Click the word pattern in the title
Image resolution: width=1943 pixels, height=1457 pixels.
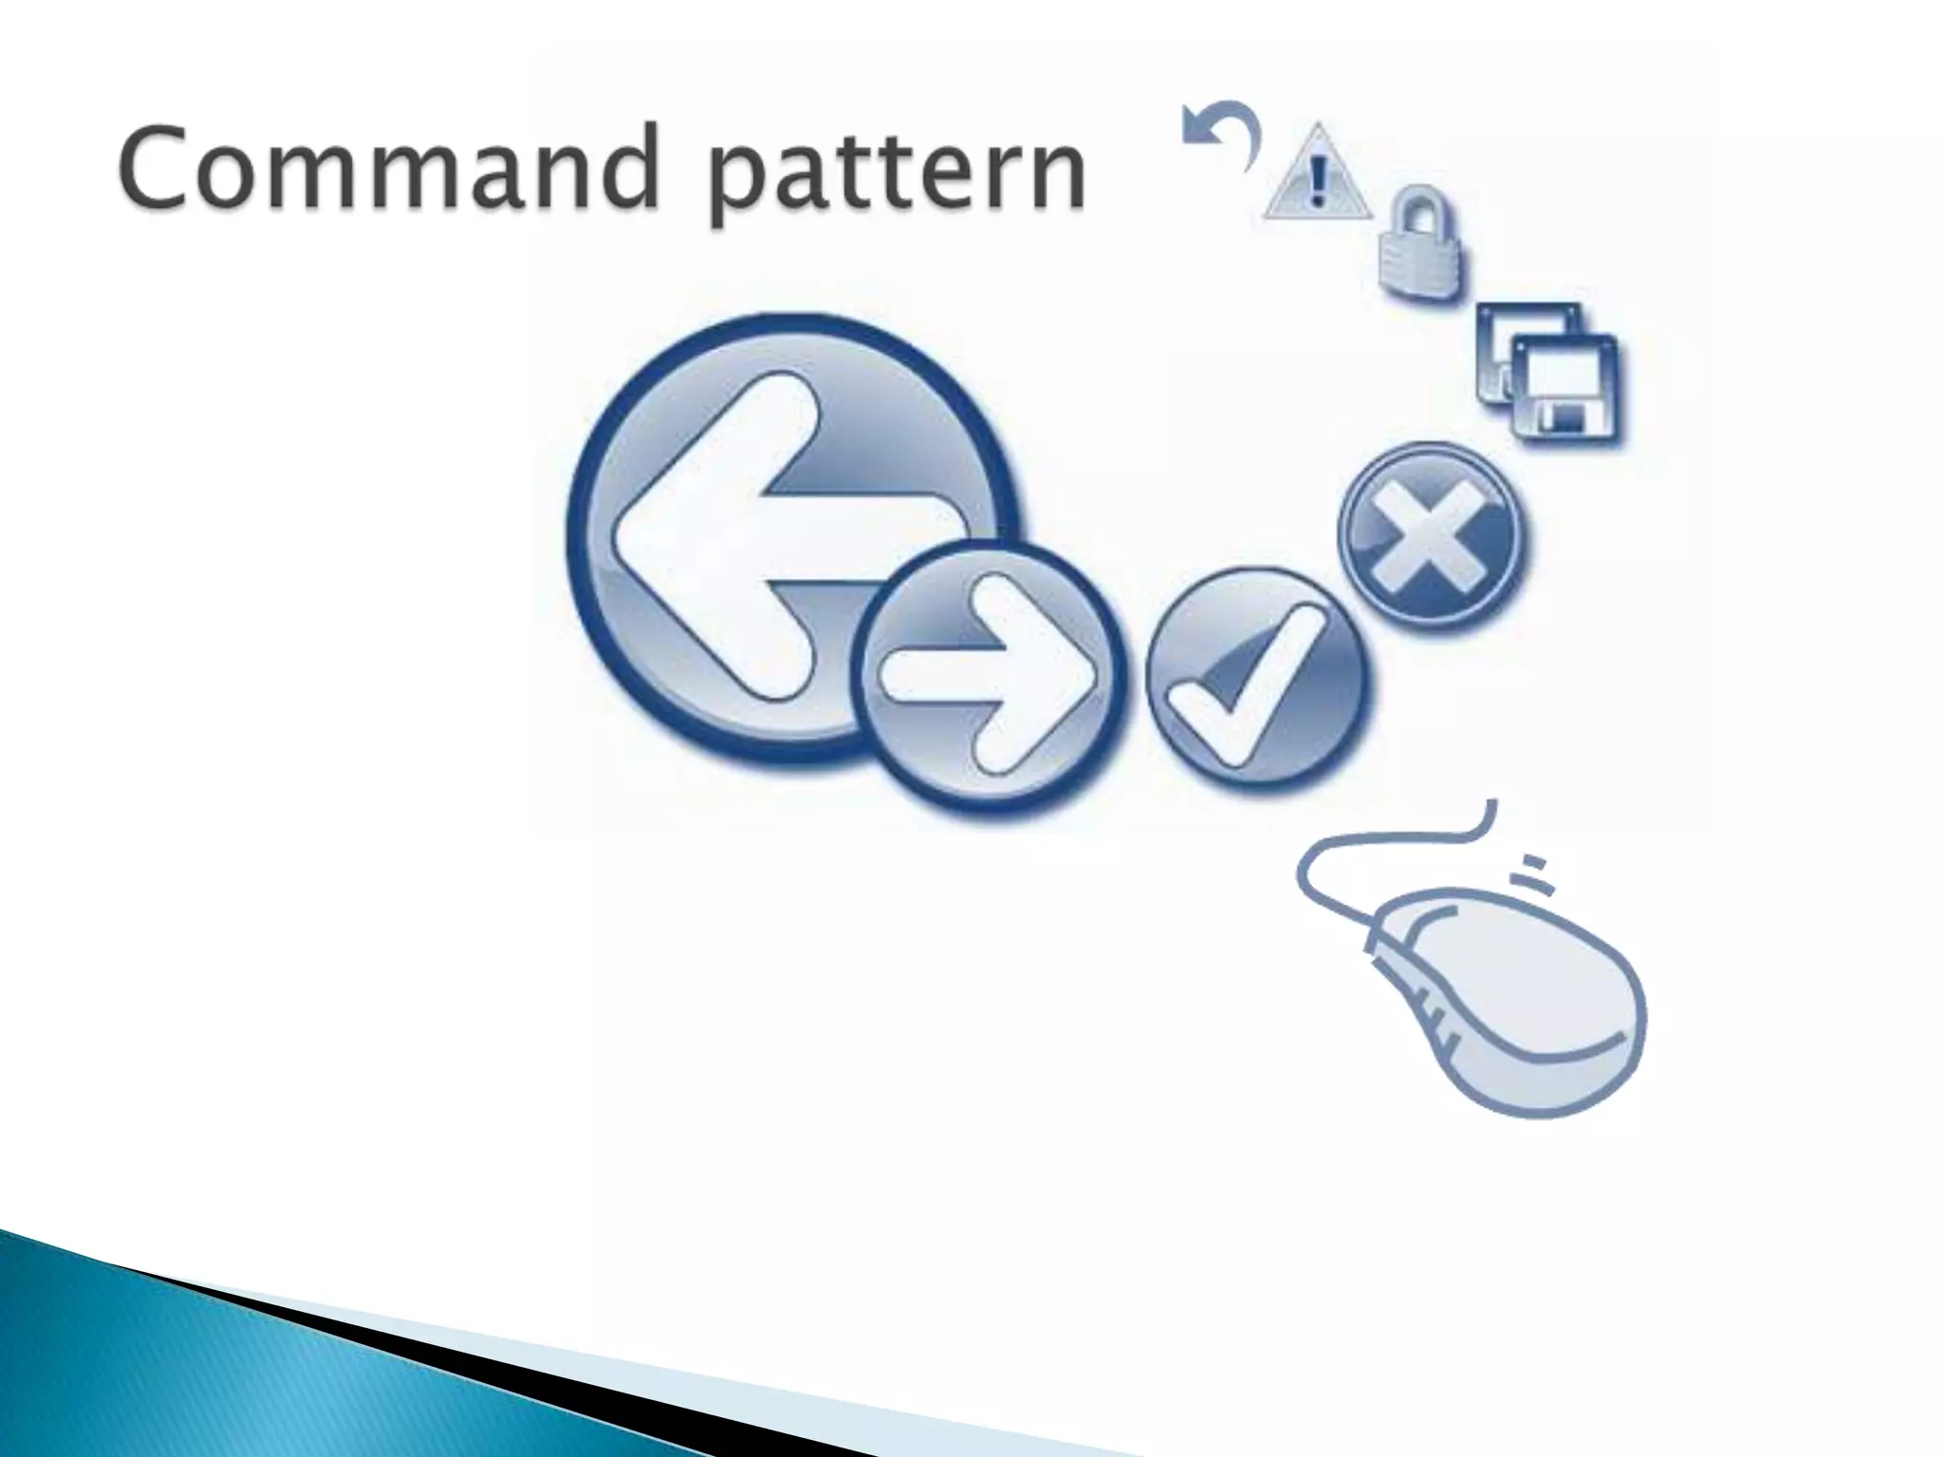897,175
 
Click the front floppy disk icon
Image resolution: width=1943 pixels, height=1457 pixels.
1565,389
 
